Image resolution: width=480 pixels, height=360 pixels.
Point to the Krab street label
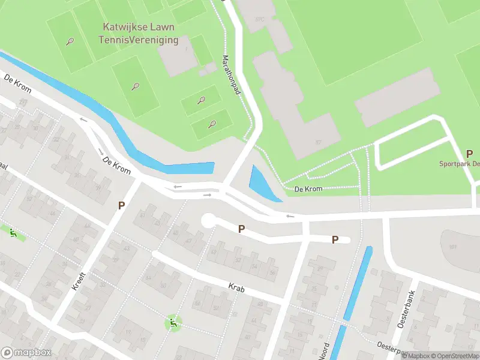click(236, 288)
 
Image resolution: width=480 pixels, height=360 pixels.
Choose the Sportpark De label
click(459, 163)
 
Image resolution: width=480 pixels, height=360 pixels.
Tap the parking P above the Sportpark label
click(469, 154)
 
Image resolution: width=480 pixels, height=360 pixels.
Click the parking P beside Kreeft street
click(121, 205)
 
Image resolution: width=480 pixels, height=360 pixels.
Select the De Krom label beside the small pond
click(308, 189)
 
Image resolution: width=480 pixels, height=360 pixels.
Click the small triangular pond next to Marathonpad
click(259, 183)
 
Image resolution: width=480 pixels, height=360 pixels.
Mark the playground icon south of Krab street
click(173, 324)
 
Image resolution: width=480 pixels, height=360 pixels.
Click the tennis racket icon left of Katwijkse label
click(71, 42)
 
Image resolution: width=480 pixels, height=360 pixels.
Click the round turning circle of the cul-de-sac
click(208, 221)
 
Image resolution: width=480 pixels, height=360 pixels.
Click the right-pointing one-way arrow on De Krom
click(207, 194)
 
